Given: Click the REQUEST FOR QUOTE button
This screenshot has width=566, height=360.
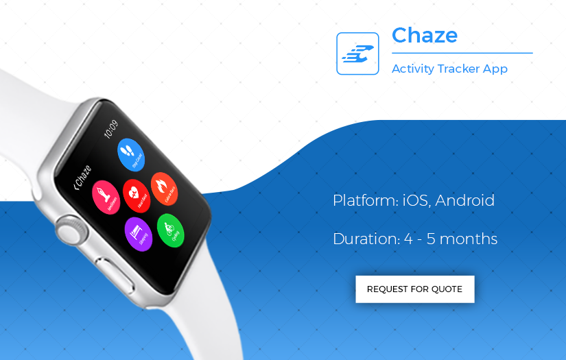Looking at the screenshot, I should [414, 289].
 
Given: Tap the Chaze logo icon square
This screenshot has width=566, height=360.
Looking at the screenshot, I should [357, 53].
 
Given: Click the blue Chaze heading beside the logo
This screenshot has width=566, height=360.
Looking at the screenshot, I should [425, 35].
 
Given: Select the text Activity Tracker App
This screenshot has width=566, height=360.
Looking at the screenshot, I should [449, 69].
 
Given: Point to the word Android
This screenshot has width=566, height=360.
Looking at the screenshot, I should [464, 201].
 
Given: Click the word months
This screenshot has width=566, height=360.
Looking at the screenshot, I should [469, 239].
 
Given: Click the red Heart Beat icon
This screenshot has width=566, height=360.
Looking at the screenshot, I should [136, 193].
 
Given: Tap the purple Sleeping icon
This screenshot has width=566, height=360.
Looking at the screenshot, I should [138, 232].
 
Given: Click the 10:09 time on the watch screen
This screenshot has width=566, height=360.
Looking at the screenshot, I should [110, 129].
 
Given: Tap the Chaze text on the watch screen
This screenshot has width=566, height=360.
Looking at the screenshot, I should [84, 176].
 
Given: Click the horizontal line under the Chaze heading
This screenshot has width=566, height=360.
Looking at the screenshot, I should [462, 53].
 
